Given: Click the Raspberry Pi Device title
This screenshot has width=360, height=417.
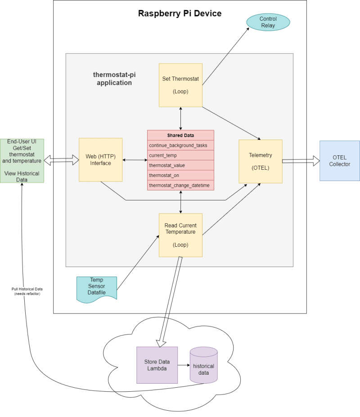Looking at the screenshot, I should pyautogui.click(x=180, y=14).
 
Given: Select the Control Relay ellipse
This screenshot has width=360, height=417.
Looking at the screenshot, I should pyautogui.click(x=268, y=22).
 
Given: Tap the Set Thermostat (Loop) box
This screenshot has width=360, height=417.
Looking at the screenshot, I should pyautogui.click(x=180, y=85).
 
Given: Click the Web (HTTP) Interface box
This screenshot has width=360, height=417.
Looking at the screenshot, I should pyautogui.click(x=101, y=160).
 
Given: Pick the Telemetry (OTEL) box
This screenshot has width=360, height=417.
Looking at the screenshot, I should pyautogui.click(x=261, y=161).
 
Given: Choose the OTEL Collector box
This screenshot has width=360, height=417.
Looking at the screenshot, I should pyautogui.click(x=339, y=161).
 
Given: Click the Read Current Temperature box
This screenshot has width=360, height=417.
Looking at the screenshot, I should pyautogui.click(x=180, y=235).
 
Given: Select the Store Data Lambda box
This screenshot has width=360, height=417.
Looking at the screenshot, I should pyautogui.click(x=157, y=365).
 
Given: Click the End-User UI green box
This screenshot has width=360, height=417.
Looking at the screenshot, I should pyautogui.click(x=22, y=161).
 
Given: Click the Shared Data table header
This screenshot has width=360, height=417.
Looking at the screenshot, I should pyautogui.click(x=180, y=135).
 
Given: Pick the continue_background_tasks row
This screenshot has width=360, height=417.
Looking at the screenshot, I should pyautogui.click(x=180, y=145).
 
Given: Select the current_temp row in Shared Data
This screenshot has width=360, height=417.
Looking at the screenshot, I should pyautogui.click(x=180, y=155).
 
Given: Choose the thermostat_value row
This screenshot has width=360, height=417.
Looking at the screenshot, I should pyautogui.click(x=180, y=165).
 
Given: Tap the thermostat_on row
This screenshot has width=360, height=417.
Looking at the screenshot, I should pyautogui.click(x=180, y=175).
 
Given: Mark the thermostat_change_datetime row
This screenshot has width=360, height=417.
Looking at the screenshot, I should pyautogui.click(x=180, y=186).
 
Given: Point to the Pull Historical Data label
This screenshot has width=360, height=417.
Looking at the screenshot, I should pyautogui.click(x=27, y=291).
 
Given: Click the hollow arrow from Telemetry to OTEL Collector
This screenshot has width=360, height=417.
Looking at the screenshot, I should pyautogui.click(x=301, y=161).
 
